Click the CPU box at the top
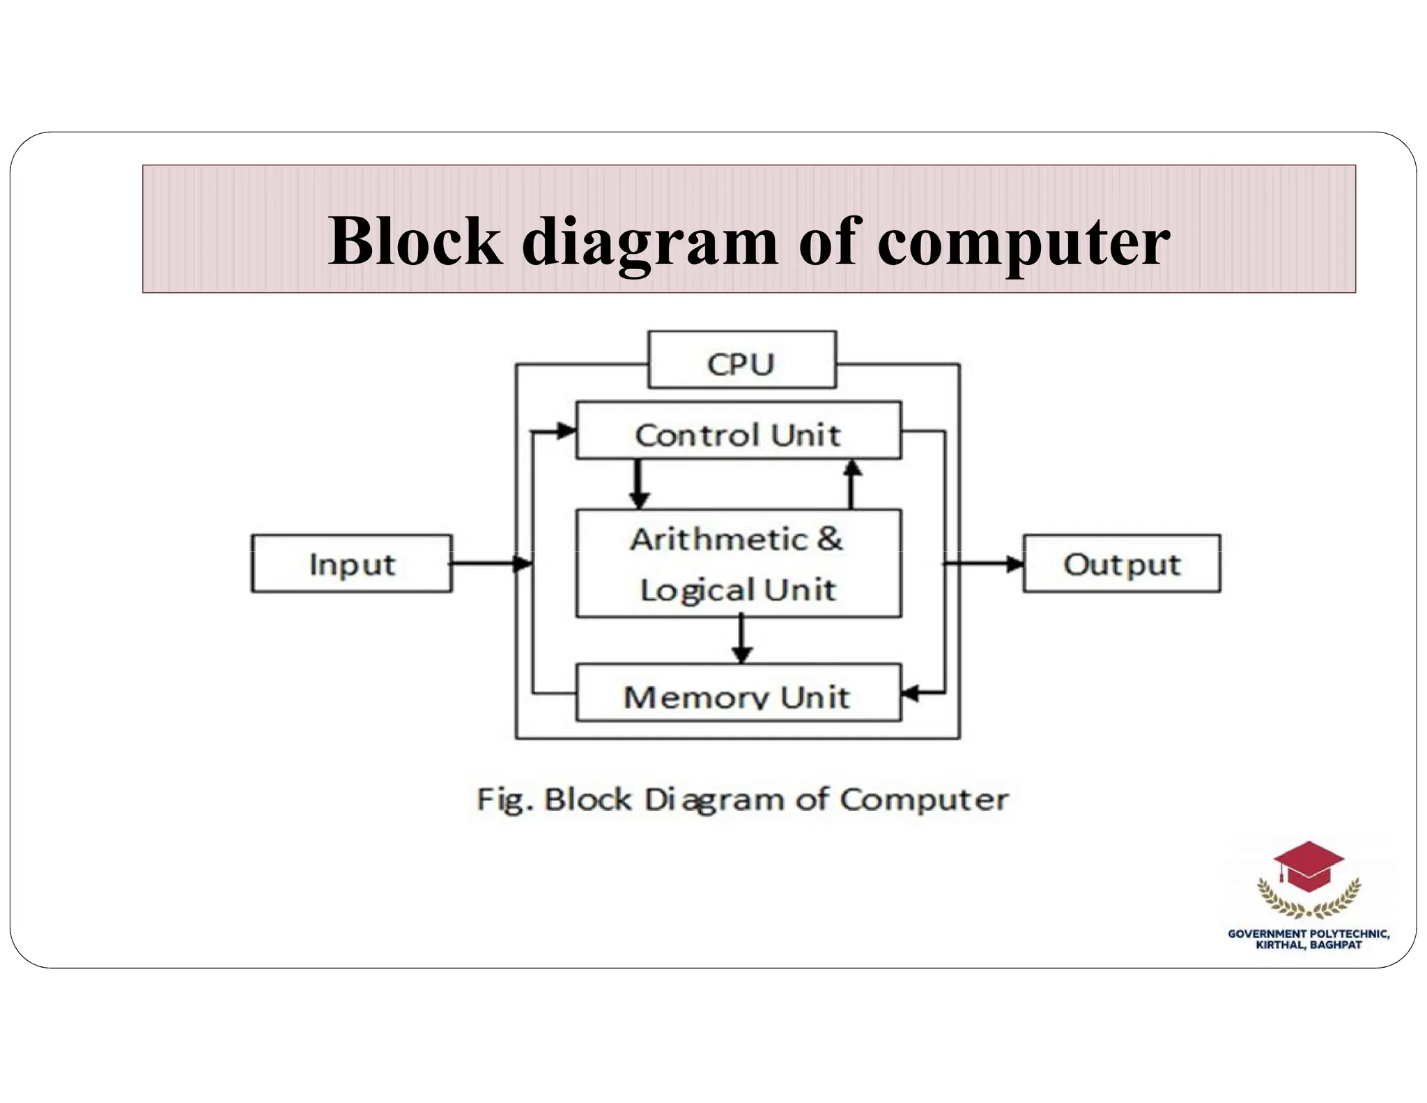(741, 360)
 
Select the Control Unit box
(738, 431)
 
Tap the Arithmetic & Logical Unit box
(738, 563)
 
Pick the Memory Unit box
(738, 693)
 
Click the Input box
(352, 564)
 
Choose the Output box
(1121, 564)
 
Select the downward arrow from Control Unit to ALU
(638, 484)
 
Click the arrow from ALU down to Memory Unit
(741, 640)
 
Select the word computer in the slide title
(1024, 241)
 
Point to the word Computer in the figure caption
(923, 800)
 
